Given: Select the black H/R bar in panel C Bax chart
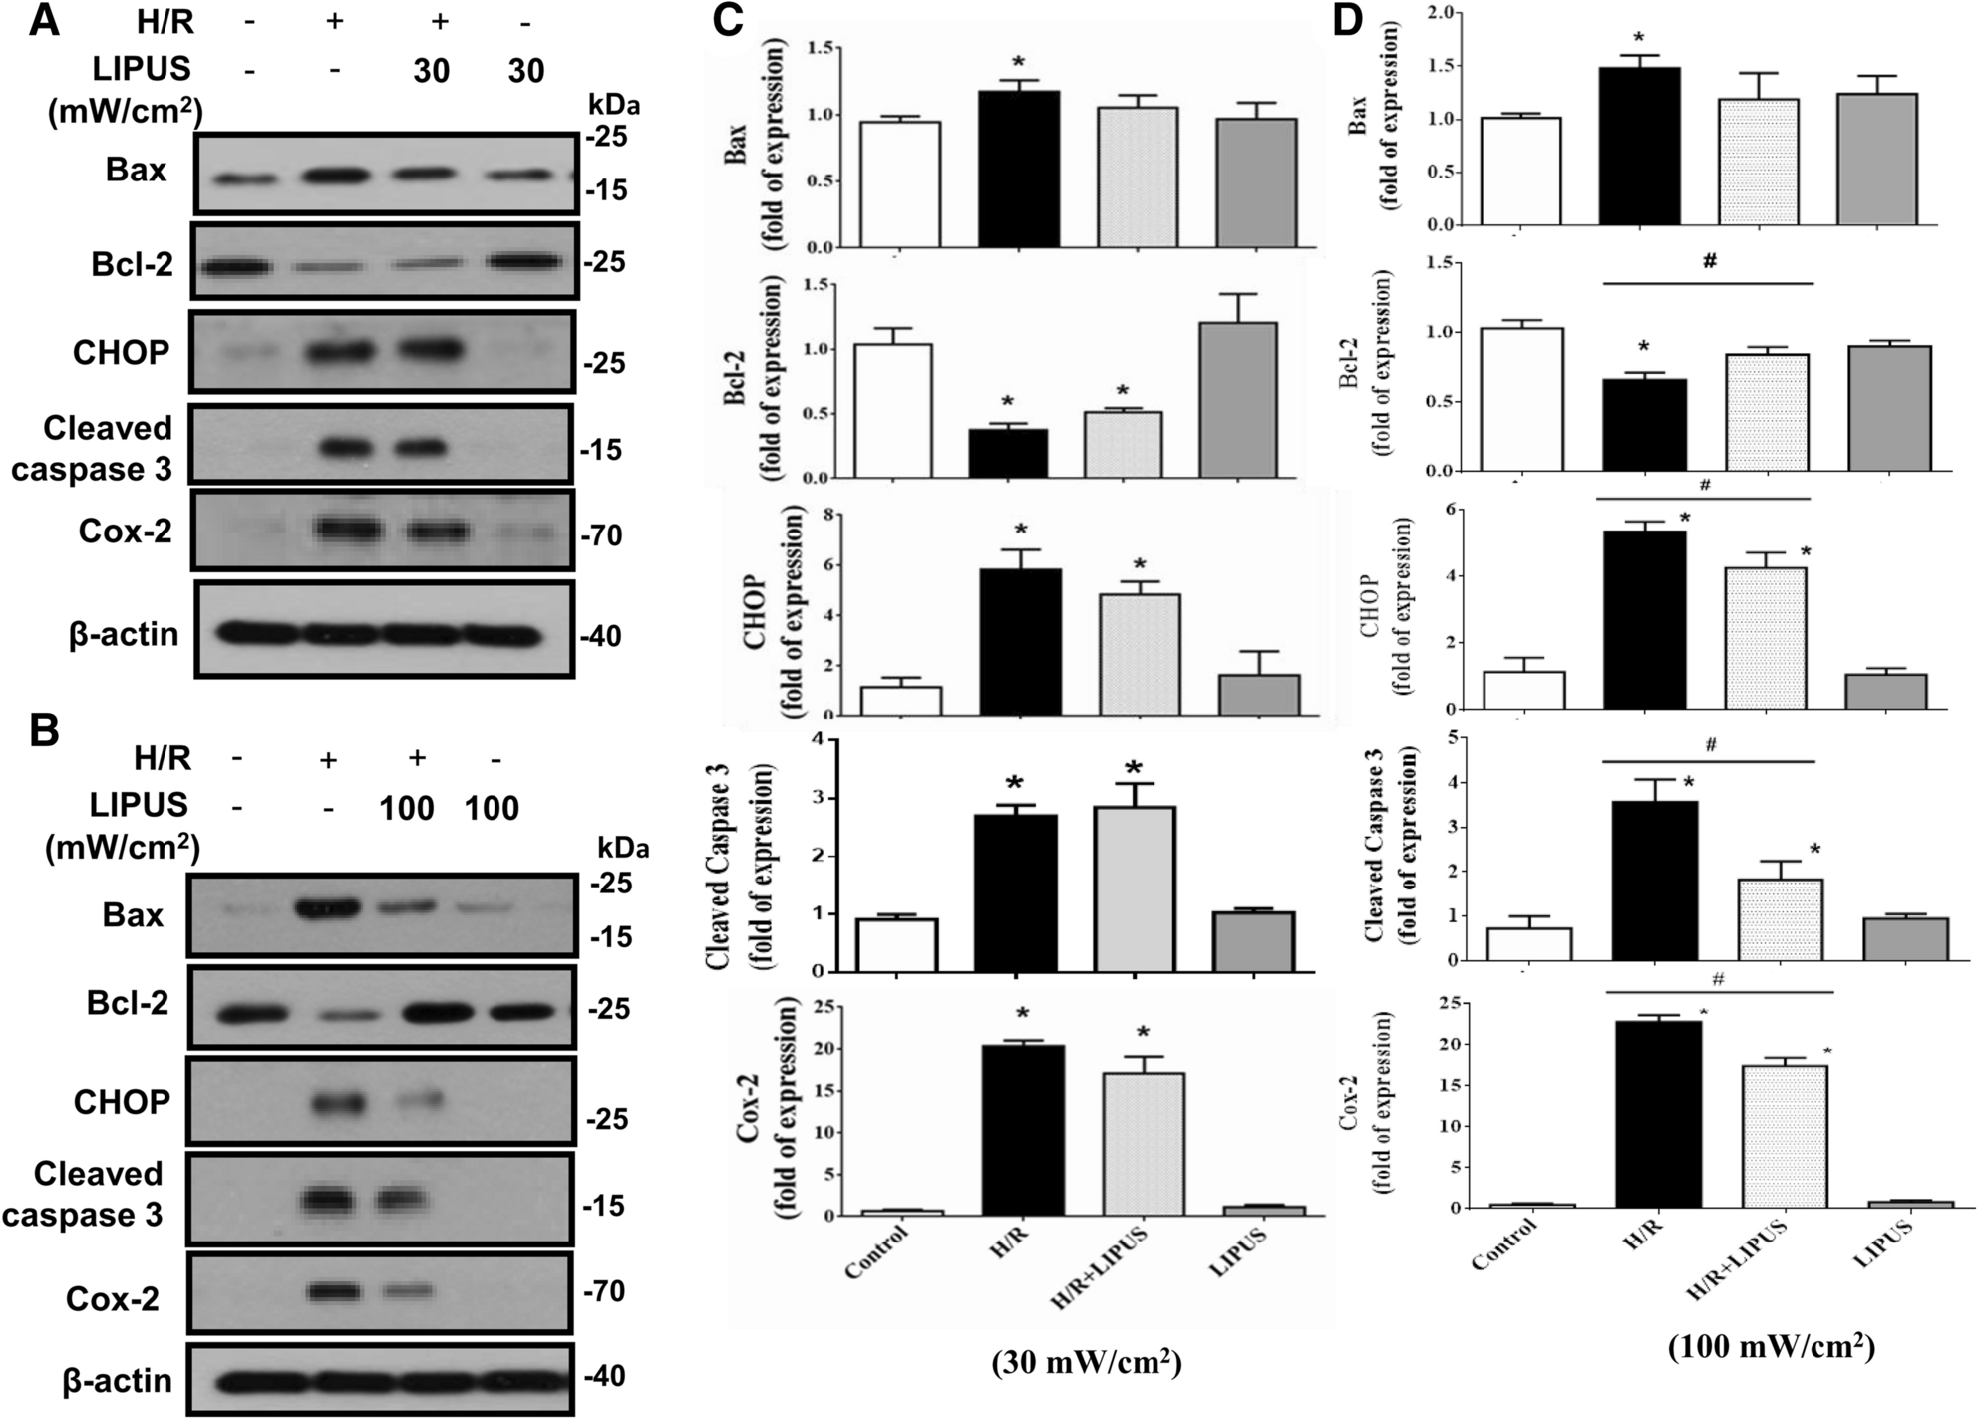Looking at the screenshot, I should coord(1018,170).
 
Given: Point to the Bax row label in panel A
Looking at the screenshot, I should coord(136,171).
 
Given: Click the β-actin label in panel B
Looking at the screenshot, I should coord(117,1380).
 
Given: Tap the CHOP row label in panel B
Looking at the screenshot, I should coord(122,1102).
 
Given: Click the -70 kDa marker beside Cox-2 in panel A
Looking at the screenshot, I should coord(601,536).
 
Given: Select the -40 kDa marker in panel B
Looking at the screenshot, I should coord(604,1376).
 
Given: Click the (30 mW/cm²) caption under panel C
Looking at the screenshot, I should coord(1087,1362).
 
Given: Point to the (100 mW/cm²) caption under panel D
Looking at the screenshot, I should coord(1771,1347).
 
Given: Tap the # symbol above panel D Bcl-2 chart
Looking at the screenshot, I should coord(1709,262).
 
